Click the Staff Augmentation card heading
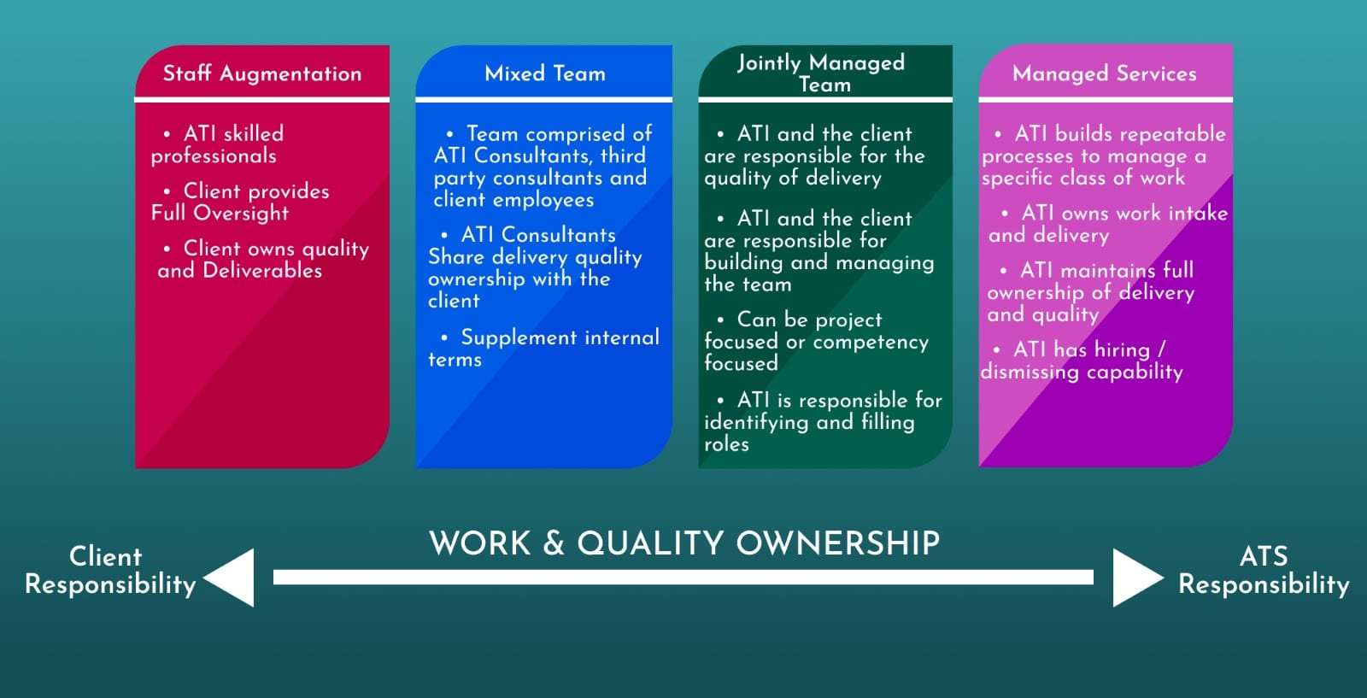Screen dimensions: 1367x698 point(261,73)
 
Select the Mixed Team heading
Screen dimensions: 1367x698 point(544,73)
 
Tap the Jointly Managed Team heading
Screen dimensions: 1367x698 point(821,73)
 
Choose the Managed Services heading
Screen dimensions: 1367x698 point(1104,73)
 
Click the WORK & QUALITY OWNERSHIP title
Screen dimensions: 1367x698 point(684,543)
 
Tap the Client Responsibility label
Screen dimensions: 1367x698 point(110,571)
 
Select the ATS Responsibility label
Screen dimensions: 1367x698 point(1264,571)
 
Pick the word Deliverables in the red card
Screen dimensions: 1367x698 point(262,270)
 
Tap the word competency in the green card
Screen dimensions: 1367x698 point(871,343)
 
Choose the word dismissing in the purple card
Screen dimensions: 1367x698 point(1030,372)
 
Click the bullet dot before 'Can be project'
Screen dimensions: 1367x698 point(721,320)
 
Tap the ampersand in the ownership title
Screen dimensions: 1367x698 point(554,543)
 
